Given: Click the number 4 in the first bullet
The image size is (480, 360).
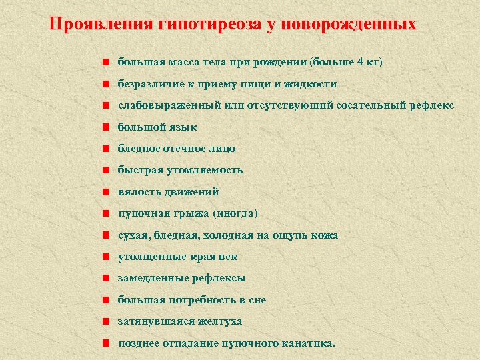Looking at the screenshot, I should point(361,63).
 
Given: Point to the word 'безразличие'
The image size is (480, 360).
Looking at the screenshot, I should point(149,84).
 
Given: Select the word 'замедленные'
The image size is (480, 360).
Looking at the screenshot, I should point(151,278).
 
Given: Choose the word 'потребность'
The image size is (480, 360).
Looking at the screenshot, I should point(200,300).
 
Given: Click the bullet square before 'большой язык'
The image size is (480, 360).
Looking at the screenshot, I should point(105,127).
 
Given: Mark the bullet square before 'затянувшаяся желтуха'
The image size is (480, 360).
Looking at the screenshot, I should point(105,321).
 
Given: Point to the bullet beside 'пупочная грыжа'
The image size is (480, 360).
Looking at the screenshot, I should point(105,213).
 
